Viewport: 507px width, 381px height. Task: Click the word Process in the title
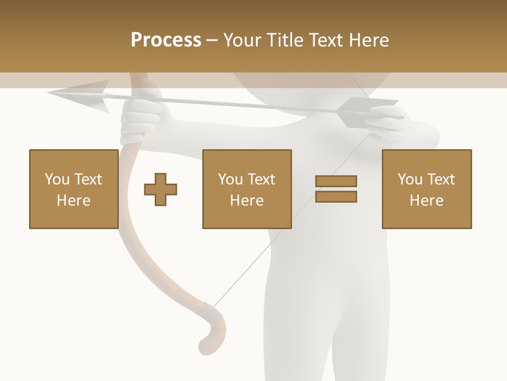pyautogui.click(x=166, y=40)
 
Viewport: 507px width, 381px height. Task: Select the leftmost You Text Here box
pyautogui.click(x=73, y=189)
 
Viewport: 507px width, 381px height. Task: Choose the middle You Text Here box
pyautogui.click(x=247, y=189)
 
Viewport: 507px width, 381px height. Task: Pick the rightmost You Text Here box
pyautogui.click(x=427, y=189)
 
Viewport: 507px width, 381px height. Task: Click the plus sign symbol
pyautogui.click(x=161, y=189)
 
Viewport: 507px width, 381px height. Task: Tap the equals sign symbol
pyautogui.click(x=336, y=189)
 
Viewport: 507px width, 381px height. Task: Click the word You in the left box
pyautogui.click(x=57, y=179)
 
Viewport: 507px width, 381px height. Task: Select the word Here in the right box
pyautogui.click(x=427, y=200)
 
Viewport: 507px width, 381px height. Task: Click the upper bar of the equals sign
pyautogui.click(x=336, y=181)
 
